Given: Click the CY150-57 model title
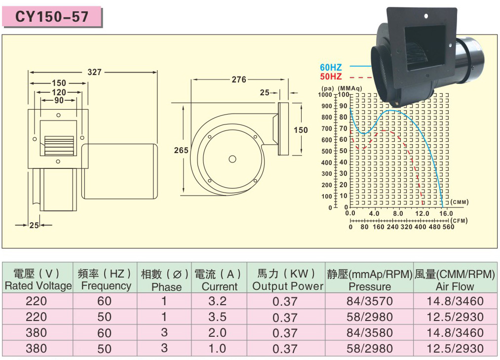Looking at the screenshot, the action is (x=52, y=17).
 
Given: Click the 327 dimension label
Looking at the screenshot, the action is (x=94, y=72).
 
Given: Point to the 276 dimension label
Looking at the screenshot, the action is (x=239, y=80).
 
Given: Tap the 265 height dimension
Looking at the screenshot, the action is (x=181, y=150).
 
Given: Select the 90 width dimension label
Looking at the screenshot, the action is (x=59, y=100).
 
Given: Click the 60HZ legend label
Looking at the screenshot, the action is (x=331, y=67).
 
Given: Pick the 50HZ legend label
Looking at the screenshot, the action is (x=331, y=77).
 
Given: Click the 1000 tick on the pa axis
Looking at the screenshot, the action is (x=325, y=94).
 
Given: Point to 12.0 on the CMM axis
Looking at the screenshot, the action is (x=422, y=213).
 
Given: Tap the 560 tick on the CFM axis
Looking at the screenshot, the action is (x=448, y=227).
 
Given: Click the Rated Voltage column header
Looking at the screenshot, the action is (x=38, y=285).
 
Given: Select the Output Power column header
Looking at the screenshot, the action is (x=288, y=286).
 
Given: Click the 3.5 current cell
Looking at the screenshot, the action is (x=218, y=317).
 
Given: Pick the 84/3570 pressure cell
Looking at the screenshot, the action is (x=370, y=301).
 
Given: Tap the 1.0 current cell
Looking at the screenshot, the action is (x=218, y=349).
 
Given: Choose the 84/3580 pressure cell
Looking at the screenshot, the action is (x=370, y=333).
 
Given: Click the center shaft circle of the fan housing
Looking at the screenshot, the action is (x=232, y=159).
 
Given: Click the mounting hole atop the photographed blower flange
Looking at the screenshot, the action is (x=426, y=16).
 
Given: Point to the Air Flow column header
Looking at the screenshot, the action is (x=455, y=286).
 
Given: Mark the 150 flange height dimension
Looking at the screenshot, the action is (x=301, y=130).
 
